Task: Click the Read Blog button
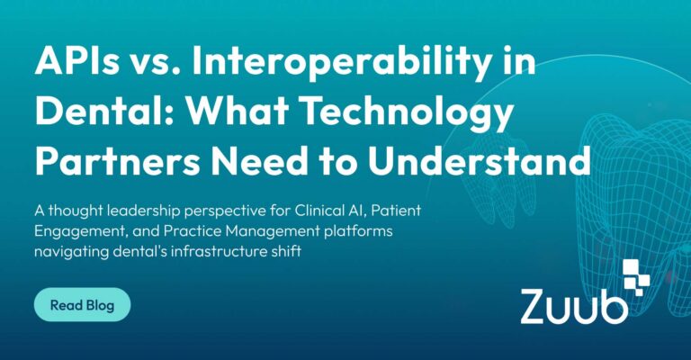click(x=83, y=304)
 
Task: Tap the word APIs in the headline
click(x=76, y=61)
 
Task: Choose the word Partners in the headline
click(x=117, y=160)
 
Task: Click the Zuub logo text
click(x=574, y=306)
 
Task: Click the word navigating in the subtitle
click(x=71, y=253)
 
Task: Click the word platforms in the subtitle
click(x=358, y=232)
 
